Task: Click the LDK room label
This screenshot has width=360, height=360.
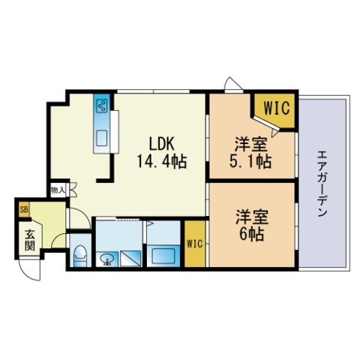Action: pos(161,144)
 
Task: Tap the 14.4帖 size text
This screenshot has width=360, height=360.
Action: pos(162,161)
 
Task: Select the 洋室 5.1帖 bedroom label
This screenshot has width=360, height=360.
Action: pos(250,153)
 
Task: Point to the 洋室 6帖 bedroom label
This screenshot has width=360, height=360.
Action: pos(252,225)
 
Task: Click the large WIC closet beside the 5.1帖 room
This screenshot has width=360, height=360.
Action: pos(277,108)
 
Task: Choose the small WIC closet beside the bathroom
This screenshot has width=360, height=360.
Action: pos(195,244)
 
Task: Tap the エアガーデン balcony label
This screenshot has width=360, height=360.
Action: pos(322,183)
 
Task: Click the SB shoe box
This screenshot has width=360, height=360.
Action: pos(24,209)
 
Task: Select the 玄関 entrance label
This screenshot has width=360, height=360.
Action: pos(30,240)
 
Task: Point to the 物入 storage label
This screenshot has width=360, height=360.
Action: pos(58,190)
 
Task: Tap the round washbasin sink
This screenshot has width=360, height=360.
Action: pos(108,259)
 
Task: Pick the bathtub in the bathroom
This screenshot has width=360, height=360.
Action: pos(163,256)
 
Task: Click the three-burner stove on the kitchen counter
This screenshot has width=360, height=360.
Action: pos(102,106)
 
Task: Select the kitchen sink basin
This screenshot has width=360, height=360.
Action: pos(102,138)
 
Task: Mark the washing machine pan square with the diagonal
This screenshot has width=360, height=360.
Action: pos(130,259)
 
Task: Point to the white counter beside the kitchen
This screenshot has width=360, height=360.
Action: pos(115,131)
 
